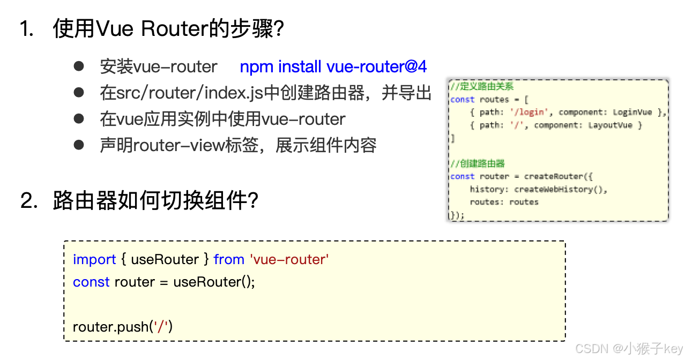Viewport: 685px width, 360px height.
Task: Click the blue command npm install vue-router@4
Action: [333, 67]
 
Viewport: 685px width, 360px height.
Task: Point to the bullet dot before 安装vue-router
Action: [79, 66]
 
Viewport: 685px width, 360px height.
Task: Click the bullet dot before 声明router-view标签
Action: [79, 145]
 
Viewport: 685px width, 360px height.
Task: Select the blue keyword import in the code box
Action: [94, 260]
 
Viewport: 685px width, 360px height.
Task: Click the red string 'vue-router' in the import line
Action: [289, 260]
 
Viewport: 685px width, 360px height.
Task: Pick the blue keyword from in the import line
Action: [229, 260]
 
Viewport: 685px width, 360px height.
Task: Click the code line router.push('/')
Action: [123, 326]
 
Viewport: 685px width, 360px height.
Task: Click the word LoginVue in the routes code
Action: [632, 112]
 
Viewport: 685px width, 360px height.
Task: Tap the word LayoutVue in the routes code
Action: [610, 125]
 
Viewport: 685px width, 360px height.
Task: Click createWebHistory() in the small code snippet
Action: [561, 189]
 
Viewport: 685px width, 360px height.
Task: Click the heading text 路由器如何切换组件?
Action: [156, 201]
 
